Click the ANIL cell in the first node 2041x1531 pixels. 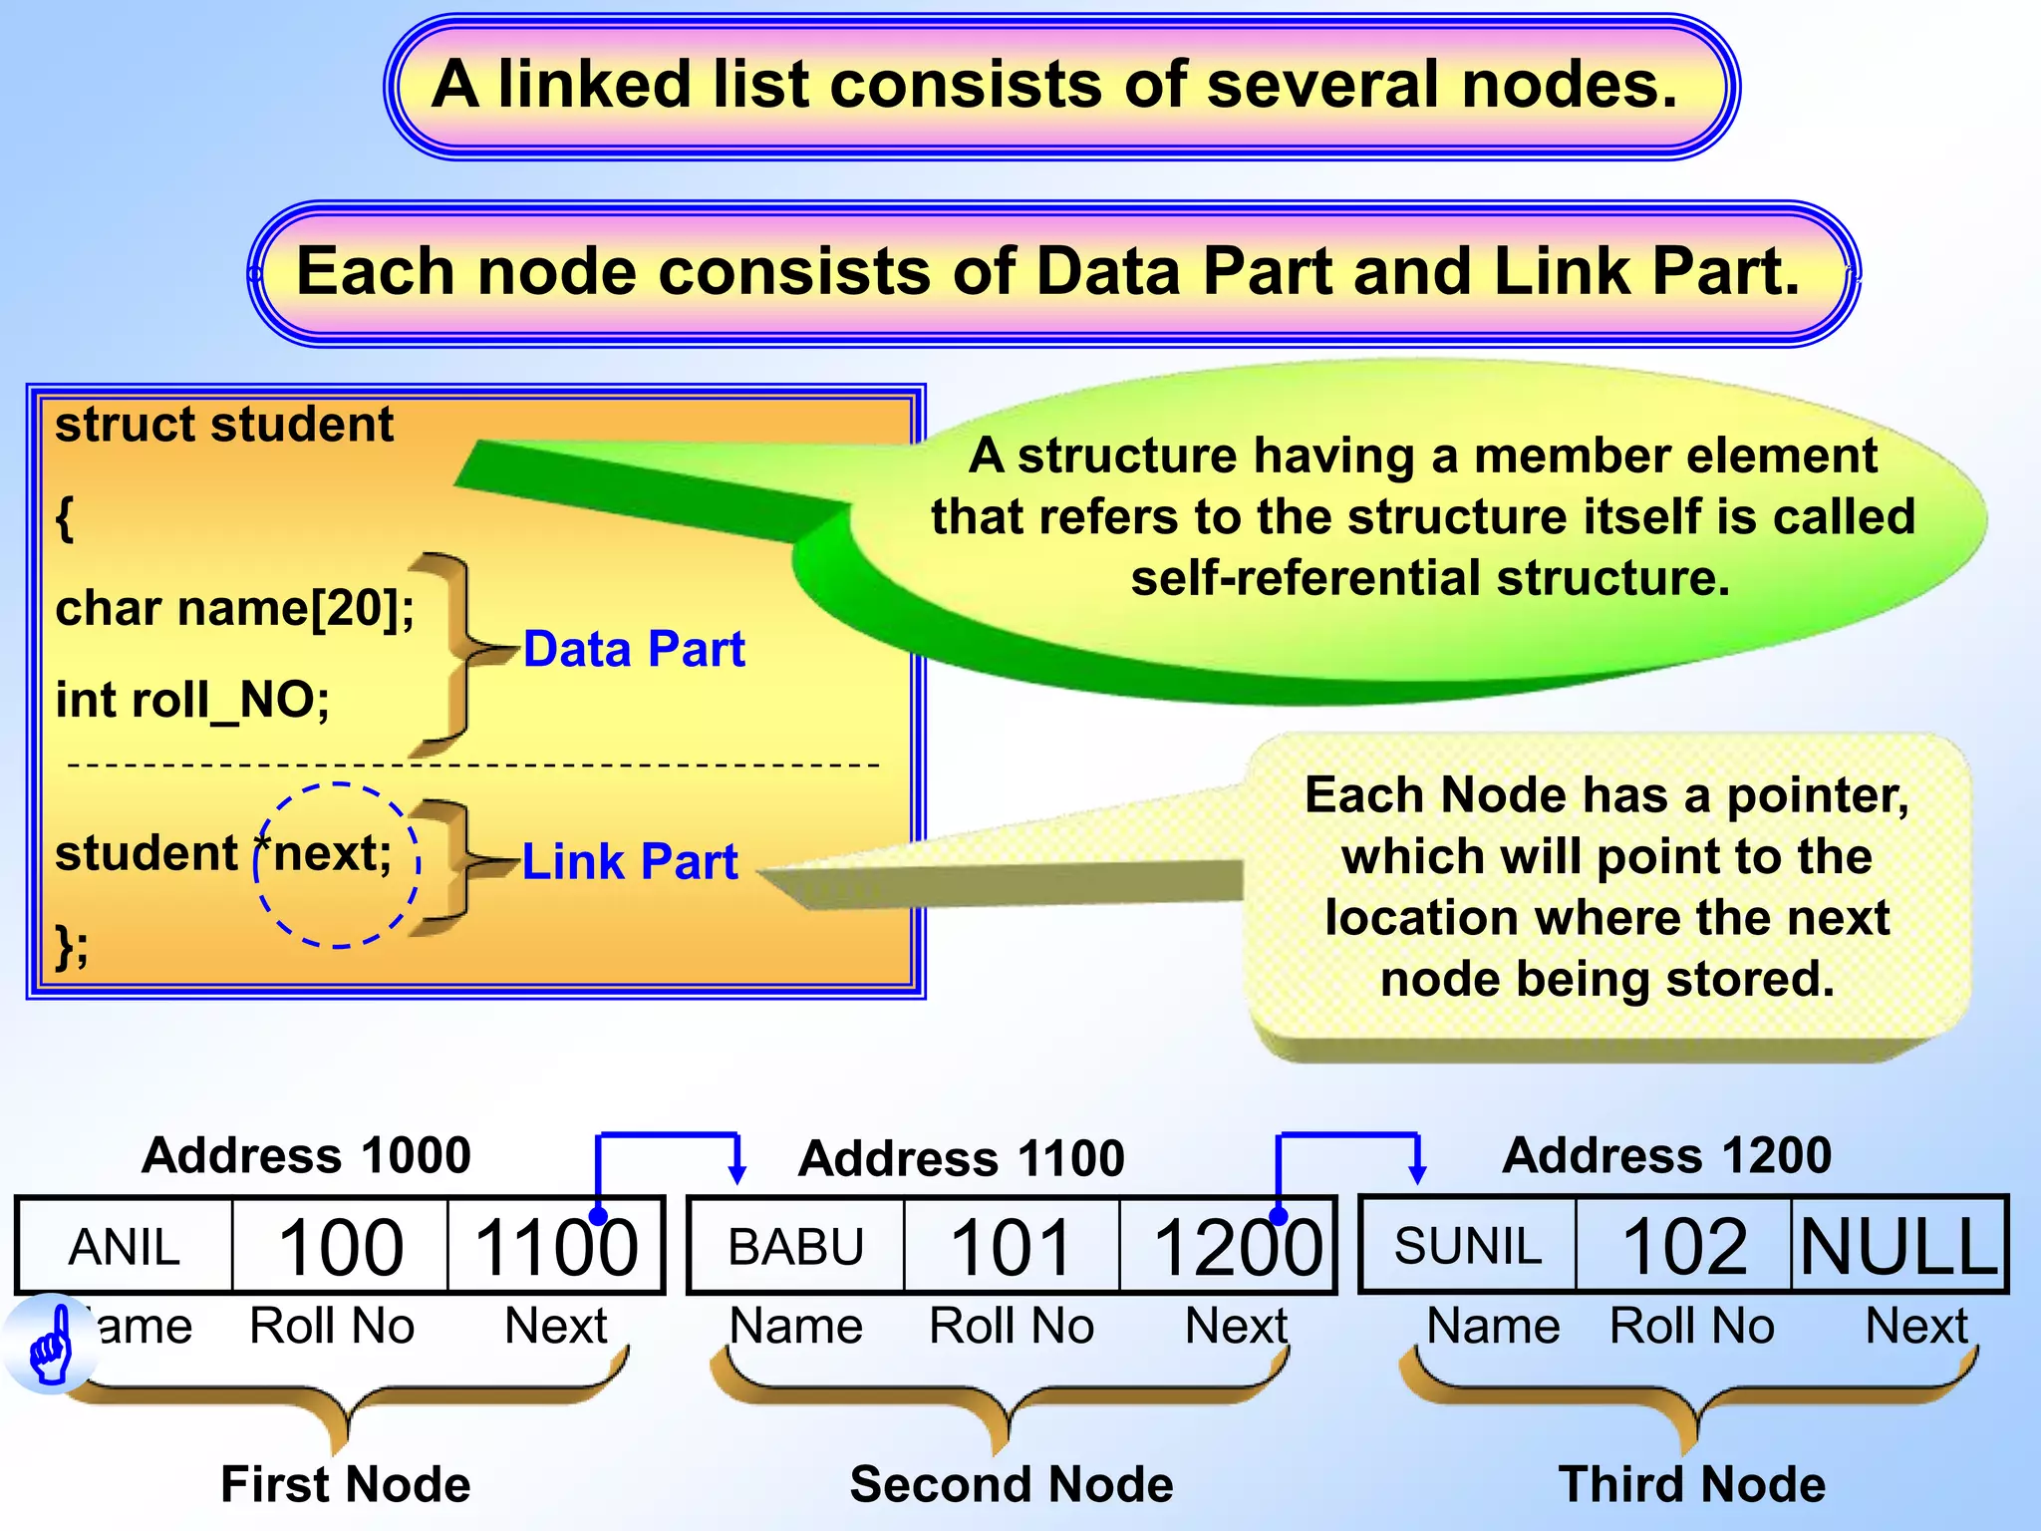coord(125,1247)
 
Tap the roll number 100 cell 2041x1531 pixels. coord(341,1247)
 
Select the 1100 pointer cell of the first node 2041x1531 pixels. coord(556,1247)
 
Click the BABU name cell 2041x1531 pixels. coord(795,1247)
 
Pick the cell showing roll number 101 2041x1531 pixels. coord(1011,1247)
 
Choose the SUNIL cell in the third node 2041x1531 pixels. coord(1467,1246)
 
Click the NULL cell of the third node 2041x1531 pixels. coord(1899,1246)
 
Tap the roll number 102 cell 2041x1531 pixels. coord(1684,1246)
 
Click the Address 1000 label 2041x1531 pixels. coord(306,1155)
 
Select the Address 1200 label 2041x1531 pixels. coord(1666,1155)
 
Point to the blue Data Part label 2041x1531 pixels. coord(634,649)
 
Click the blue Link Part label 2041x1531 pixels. coord(630,861)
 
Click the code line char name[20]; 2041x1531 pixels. coord(235,608)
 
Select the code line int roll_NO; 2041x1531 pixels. coord(192,700)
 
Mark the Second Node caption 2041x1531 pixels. coord(1012,1484)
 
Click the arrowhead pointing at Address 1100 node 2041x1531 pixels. coord(737,1173)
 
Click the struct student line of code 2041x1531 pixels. coord(224,425)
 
